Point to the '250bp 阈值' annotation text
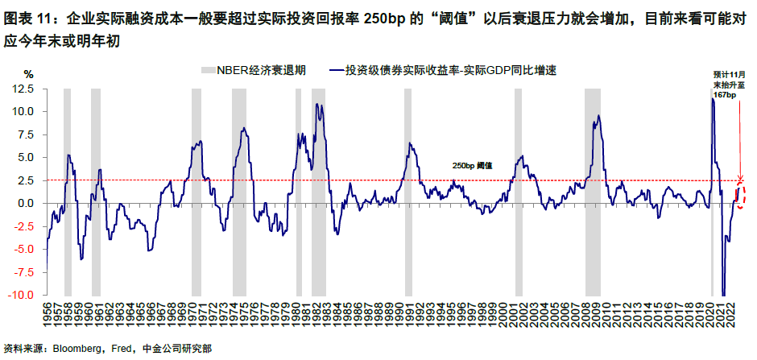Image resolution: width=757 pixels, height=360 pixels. [472, 166]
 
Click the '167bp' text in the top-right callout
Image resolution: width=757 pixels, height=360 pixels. [725, 95]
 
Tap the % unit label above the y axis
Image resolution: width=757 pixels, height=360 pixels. [28, 74]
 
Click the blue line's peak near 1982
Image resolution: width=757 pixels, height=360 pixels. [316, 105]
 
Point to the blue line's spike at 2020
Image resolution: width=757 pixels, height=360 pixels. [712, 100]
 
